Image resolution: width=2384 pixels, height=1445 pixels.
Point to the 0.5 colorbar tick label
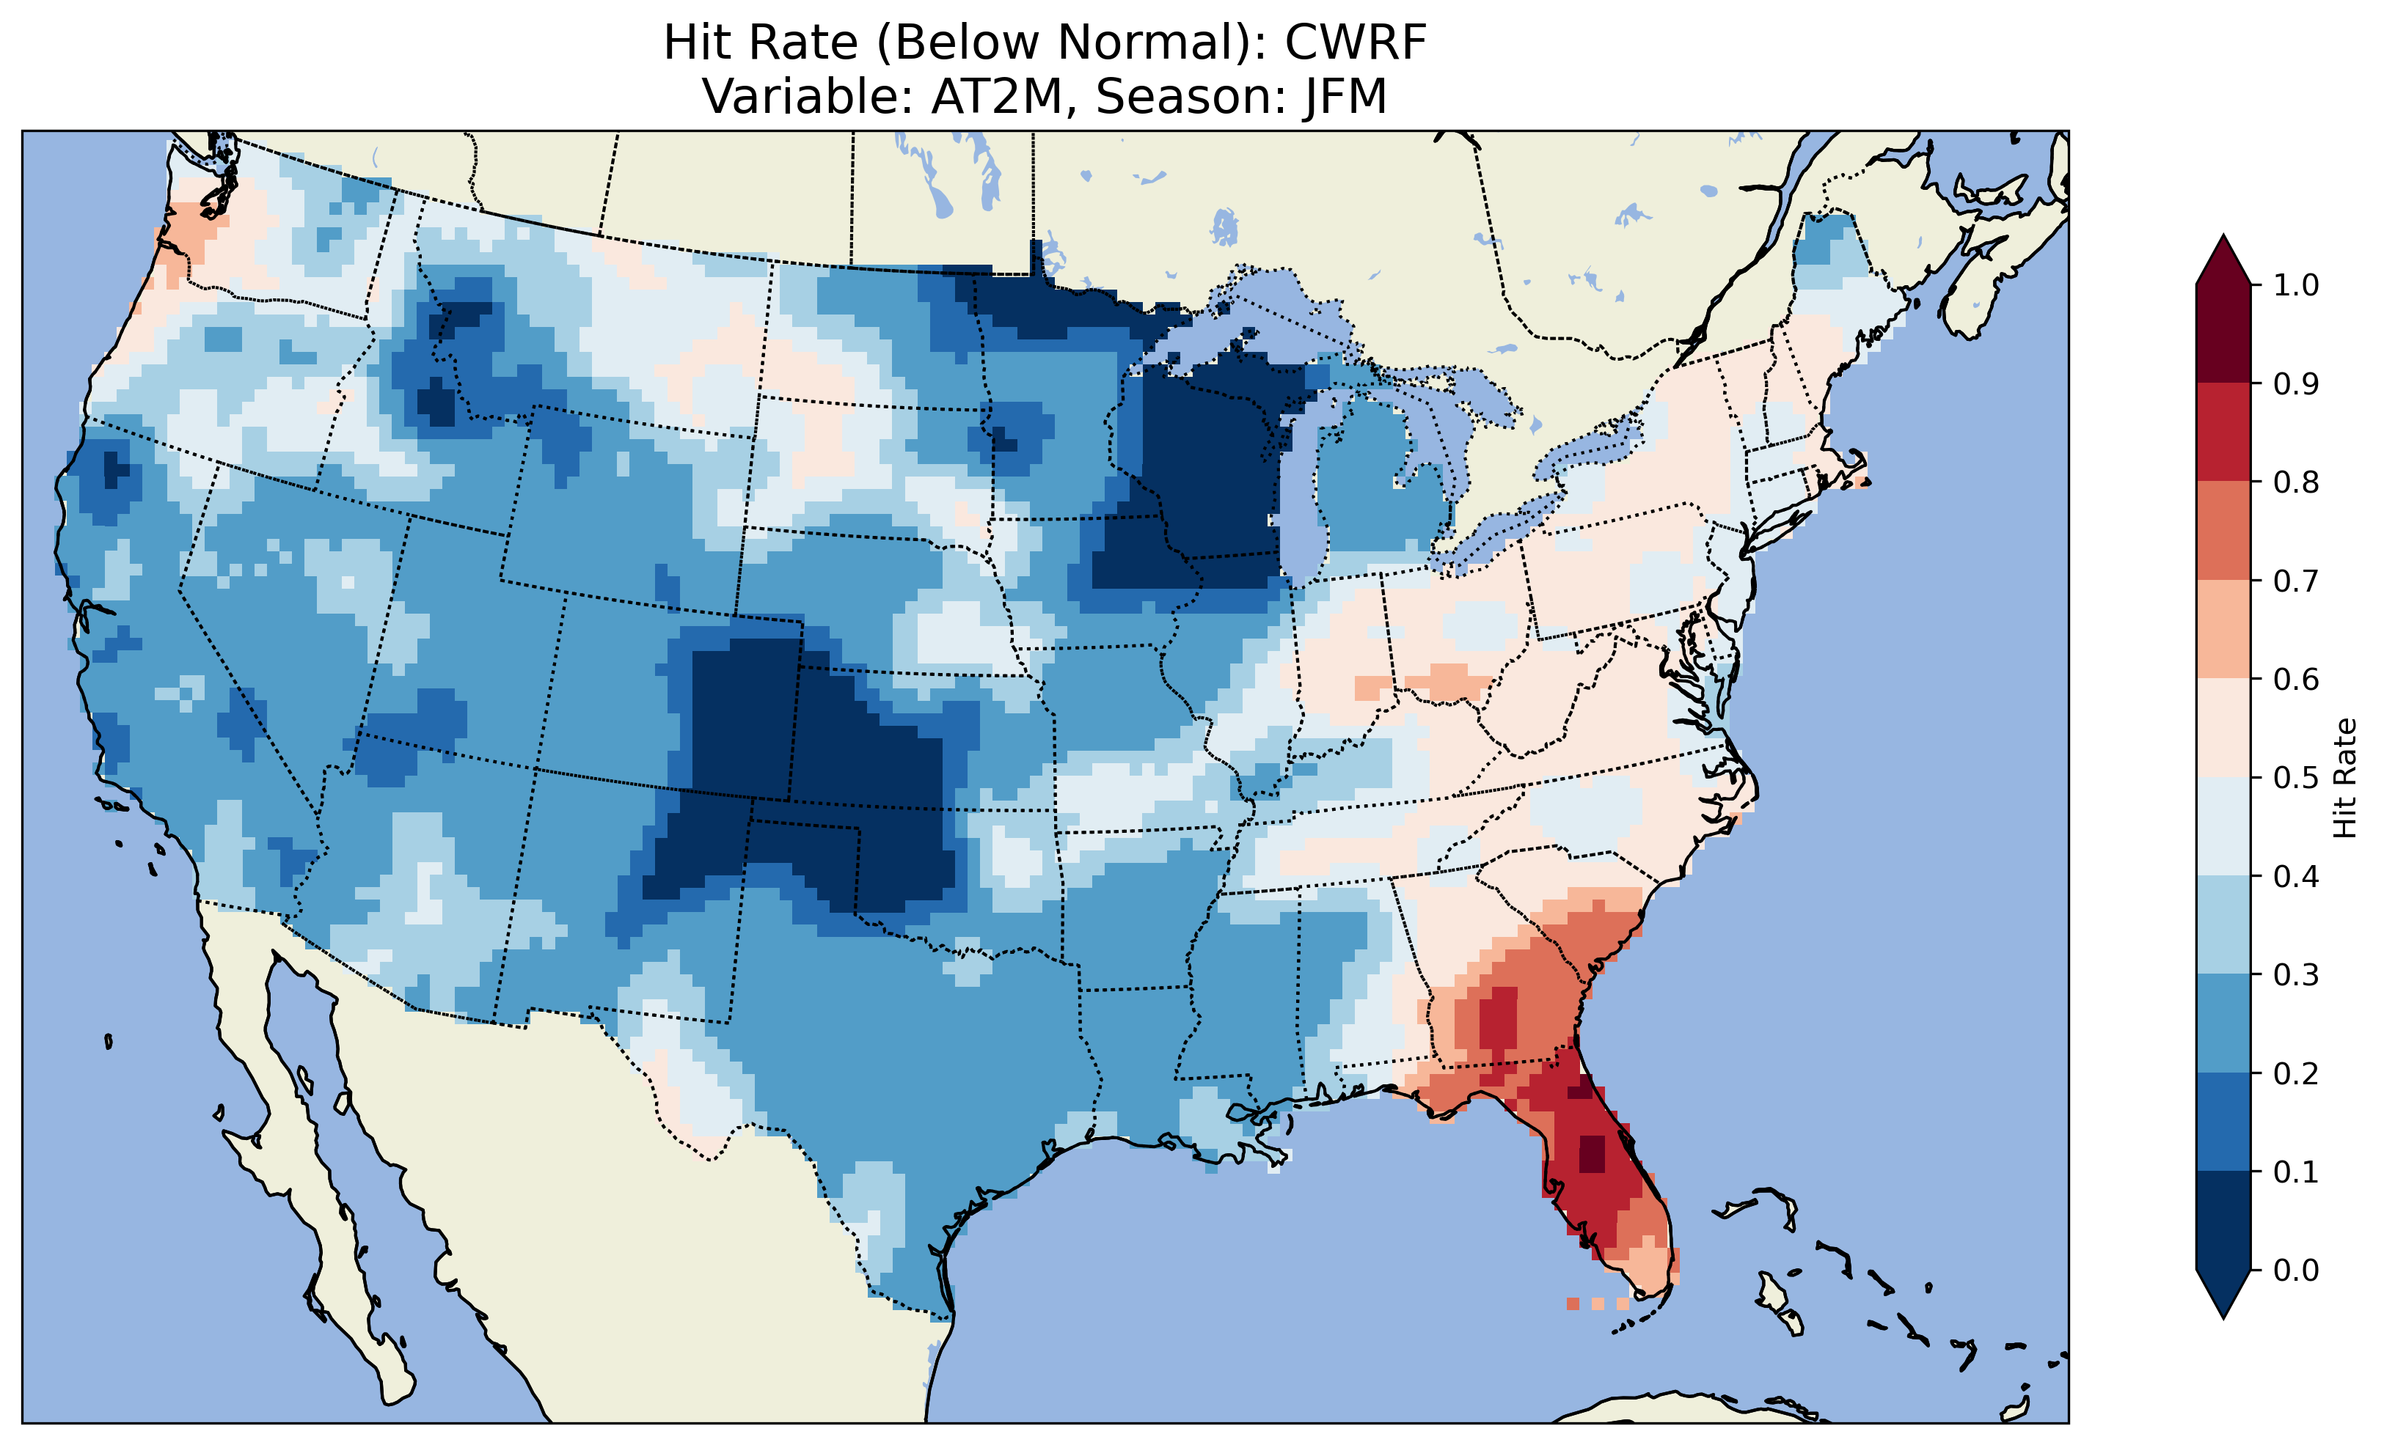click(x=2296, y=778)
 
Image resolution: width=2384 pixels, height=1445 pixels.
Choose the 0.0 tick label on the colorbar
click(x=2296, y=1270)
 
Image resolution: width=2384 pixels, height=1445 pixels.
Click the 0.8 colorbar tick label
click(x=2296, y=482)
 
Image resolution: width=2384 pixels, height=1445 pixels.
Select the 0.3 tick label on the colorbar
click(x=2296, y=975)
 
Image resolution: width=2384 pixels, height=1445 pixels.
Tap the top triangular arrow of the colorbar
click(x=2223, y=261)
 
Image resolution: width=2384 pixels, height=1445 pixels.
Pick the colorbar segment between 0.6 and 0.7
click(x=2223, y=630)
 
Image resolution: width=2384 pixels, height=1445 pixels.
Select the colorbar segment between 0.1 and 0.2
click(x=2223, y=1122)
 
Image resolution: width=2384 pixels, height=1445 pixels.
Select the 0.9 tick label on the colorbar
click(x=2296, y=384)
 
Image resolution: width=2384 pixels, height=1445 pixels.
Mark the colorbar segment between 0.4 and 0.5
click(x=2223, y=827)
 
